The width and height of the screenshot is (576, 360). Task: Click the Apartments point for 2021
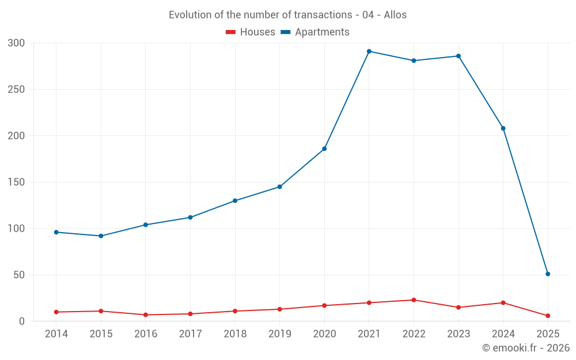pyautogui.click(x=369, y=51)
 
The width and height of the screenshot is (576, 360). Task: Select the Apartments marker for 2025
pyautogui.click(x=548, y=274)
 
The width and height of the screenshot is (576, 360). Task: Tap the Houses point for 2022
pyautogui.click(x=414, y=300)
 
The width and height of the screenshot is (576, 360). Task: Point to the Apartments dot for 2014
pyautogui.click(x=56, y=232)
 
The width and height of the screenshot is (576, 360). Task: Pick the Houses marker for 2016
pyautogui.click(x=146, y=315)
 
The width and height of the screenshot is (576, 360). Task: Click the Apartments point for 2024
pyautogui.click(x=503, y=128)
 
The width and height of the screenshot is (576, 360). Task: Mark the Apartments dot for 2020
pyautogui.click(x=324, y=149)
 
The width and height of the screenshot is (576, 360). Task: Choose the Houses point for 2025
pyautogui.click(x=548, y=316)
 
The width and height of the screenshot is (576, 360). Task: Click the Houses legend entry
pyautogui.click(x=251, y=32)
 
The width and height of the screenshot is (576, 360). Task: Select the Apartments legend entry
pyautogui.click(x=315, y=32)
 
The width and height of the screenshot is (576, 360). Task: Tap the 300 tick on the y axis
pyautogui.click(x=17, y=43)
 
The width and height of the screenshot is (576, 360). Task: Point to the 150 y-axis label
pyautogui.click(x=17, y=183)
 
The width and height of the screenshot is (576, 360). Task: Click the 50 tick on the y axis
pyautogui.click(x=19, y=275)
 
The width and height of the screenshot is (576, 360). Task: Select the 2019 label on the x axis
pyautogui.click(x=280, y=334)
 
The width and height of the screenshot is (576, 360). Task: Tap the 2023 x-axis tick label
pyautogui.click(x=458, y=334)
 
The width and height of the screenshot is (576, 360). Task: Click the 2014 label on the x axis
pyautogui.click(x=56, y=334)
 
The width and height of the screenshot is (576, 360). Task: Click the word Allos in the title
pyautogui.click(x=395, y=15)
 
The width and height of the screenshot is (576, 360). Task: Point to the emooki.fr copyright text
pyautogui.click(x=526, y=348)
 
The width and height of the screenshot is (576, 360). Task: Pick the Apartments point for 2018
pyautogui.click(x=235, y=200)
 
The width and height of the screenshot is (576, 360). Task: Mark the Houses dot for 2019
pyautogui.click(x=280, y=309)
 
